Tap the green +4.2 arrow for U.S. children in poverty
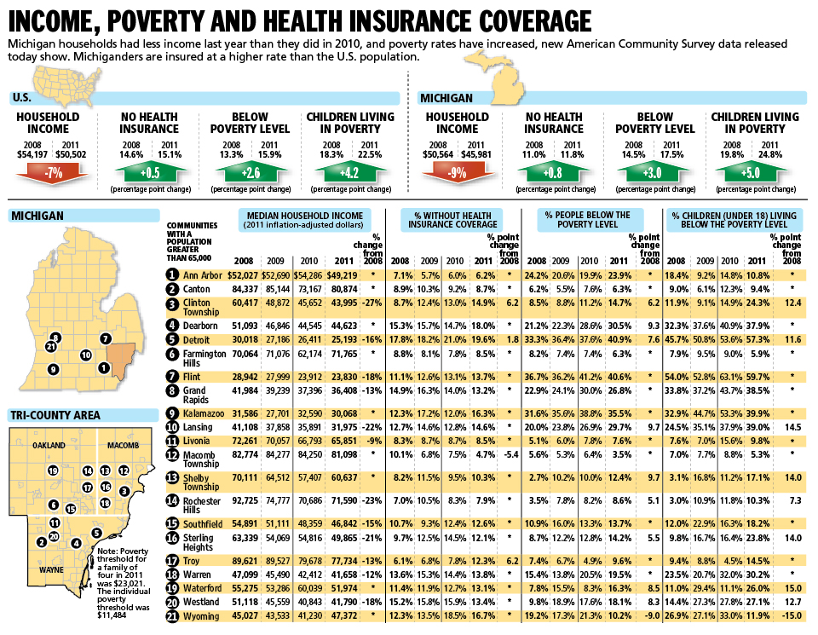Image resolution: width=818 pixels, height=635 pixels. pyautogui.click(x=349, y=174)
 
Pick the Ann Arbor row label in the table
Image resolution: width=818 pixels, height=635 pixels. pyautogui.click(x=203, y=275)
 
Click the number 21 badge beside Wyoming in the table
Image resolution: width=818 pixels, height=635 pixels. pyautogui.click(x=172, y=615)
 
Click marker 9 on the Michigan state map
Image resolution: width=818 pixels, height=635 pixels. pyautogui.click(x=53, y=369)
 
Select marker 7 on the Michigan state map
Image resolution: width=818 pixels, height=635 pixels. pyautogui.click(x=105, y=338)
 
